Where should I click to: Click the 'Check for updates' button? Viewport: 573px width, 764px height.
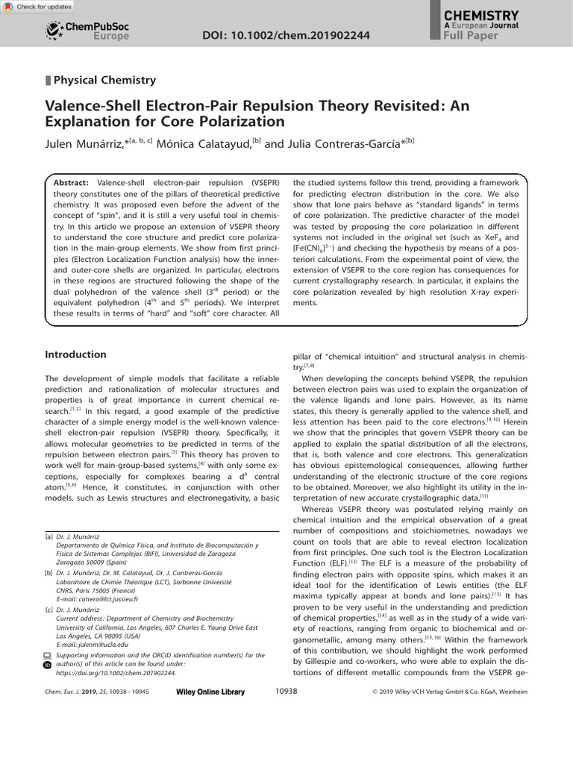[38, 7]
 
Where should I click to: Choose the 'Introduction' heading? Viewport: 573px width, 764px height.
[75, 354]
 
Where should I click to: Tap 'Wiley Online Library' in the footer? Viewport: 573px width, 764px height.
[210, 692]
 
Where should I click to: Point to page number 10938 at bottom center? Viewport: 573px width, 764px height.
[286, 692]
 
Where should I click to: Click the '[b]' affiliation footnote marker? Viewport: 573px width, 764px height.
[48, 572]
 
